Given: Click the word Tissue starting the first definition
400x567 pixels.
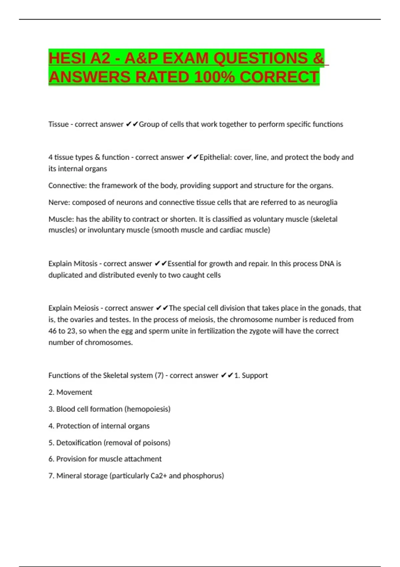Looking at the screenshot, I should point(58,124).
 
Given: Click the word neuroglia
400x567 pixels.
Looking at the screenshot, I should point(322,202).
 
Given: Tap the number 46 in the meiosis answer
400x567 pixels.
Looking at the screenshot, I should point(52,331).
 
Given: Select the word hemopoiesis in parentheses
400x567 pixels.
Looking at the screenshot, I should point(147,409).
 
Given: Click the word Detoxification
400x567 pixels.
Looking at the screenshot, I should point(79,443).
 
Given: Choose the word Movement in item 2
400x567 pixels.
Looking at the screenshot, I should point(74,392).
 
